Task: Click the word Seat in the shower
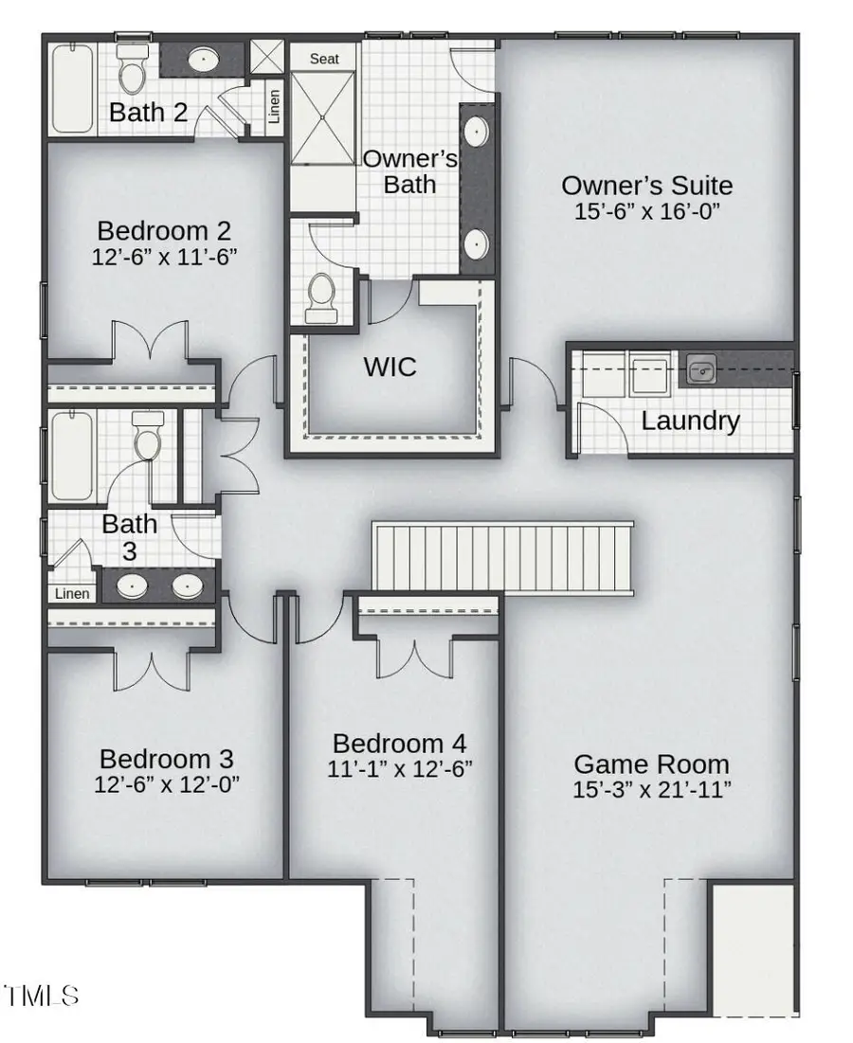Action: (324, 59)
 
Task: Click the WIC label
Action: (390, 367)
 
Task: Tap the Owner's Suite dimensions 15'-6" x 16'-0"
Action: (648, 212)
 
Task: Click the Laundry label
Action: (690, 421)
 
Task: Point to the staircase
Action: (502, 556)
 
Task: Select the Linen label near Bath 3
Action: (72, 594)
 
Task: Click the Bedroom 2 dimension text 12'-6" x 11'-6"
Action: (164, 256)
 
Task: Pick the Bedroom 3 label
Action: (166, 759)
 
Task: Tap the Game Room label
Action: (652, 764)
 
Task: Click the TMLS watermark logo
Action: (42, 995)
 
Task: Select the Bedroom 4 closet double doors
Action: (413, 653)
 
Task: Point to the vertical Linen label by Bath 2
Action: (275, 107)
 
